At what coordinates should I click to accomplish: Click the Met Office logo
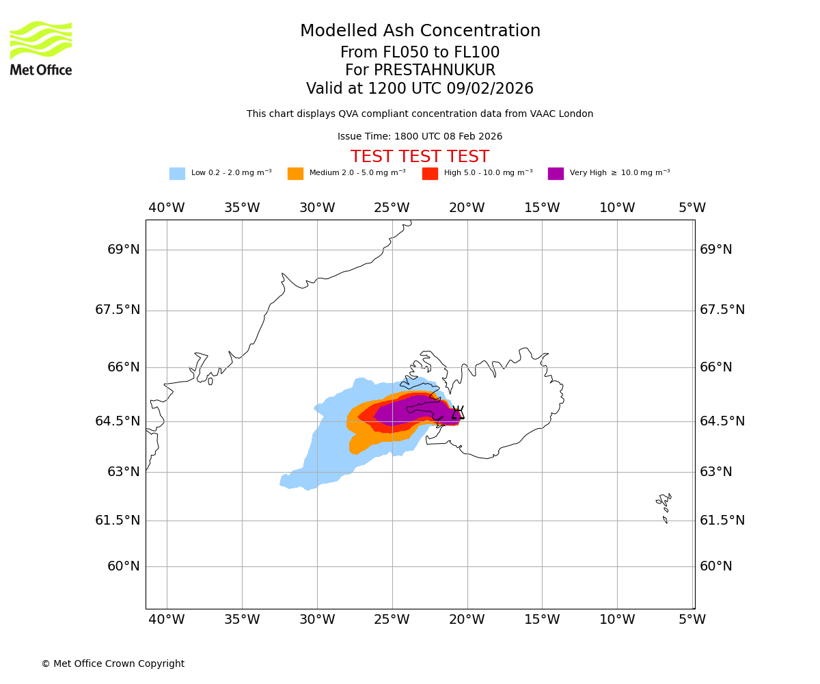(41, 48)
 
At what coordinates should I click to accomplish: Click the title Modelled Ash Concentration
(420, 31)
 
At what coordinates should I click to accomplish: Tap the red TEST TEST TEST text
(420, 157)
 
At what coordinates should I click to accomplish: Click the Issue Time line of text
(420, 136)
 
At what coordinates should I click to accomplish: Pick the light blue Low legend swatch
(177, 174)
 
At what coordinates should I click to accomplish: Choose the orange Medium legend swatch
(295, 174)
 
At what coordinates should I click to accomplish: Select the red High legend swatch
(430, 174)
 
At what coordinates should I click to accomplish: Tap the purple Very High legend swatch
(556, 174)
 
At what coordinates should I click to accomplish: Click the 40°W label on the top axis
(167, 208)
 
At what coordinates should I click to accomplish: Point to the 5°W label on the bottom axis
(692, 620)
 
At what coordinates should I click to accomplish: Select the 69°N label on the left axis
(124, 250)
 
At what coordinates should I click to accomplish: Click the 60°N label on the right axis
(715, 566)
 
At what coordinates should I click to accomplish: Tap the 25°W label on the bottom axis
(392, 620)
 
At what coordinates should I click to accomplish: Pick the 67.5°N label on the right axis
(722, 310)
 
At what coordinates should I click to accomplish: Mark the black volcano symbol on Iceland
(458, 412)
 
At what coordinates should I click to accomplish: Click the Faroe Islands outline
(664, 506)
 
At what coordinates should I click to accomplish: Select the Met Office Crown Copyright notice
(113, 663)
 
